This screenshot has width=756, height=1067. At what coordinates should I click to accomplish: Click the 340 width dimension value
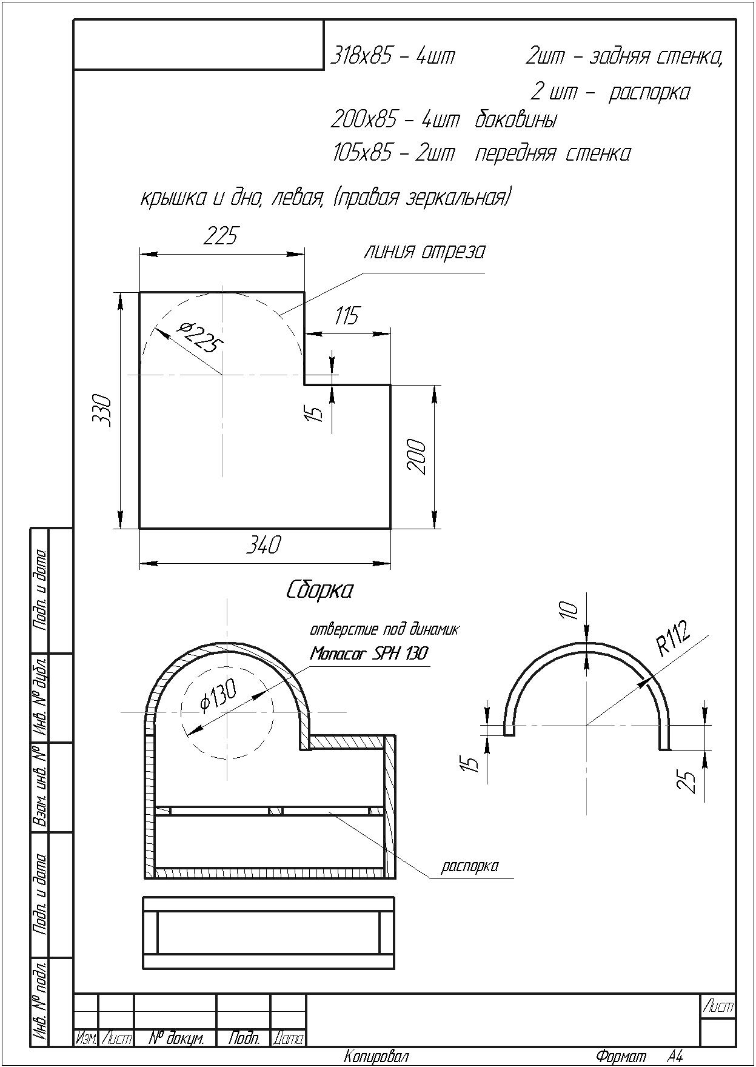[263, 545]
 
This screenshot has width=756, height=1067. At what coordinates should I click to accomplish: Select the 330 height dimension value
[104, 410]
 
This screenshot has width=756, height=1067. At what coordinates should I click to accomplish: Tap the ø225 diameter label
[200, 338]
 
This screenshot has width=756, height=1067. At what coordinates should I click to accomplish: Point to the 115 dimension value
[346, 316]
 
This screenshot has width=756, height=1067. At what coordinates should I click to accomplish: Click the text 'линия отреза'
[424, 252]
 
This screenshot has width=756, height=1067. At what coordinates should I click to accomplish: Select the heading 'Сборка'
[319, 590]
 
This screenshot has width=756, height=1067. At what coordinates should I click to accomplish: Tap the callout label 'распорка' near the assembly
[470, 866]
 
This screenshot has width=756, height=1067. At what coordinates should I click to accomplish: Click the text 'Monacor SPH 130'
[369, 654]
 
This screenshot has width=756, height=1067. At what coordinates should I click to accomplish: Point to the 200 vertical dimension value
[418, 457]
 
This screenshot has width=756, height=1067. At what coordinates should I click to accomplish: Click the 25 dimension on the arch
[687, 781]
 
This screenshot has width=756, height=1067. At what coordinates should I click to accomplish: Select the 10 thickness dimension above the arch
[569, 610]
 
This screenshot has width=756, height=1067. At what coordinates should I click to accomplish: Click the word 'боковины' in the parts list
[515, 120]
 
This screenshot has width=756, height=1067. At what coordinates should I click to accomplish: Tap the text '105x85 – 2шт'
[393, 153]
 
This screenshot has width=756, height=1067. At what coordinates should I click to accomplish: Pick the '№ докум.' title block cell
[176, 1039]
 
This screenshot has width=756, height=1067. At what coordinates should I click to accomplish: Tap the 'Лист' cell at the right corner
[718, 1008]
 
